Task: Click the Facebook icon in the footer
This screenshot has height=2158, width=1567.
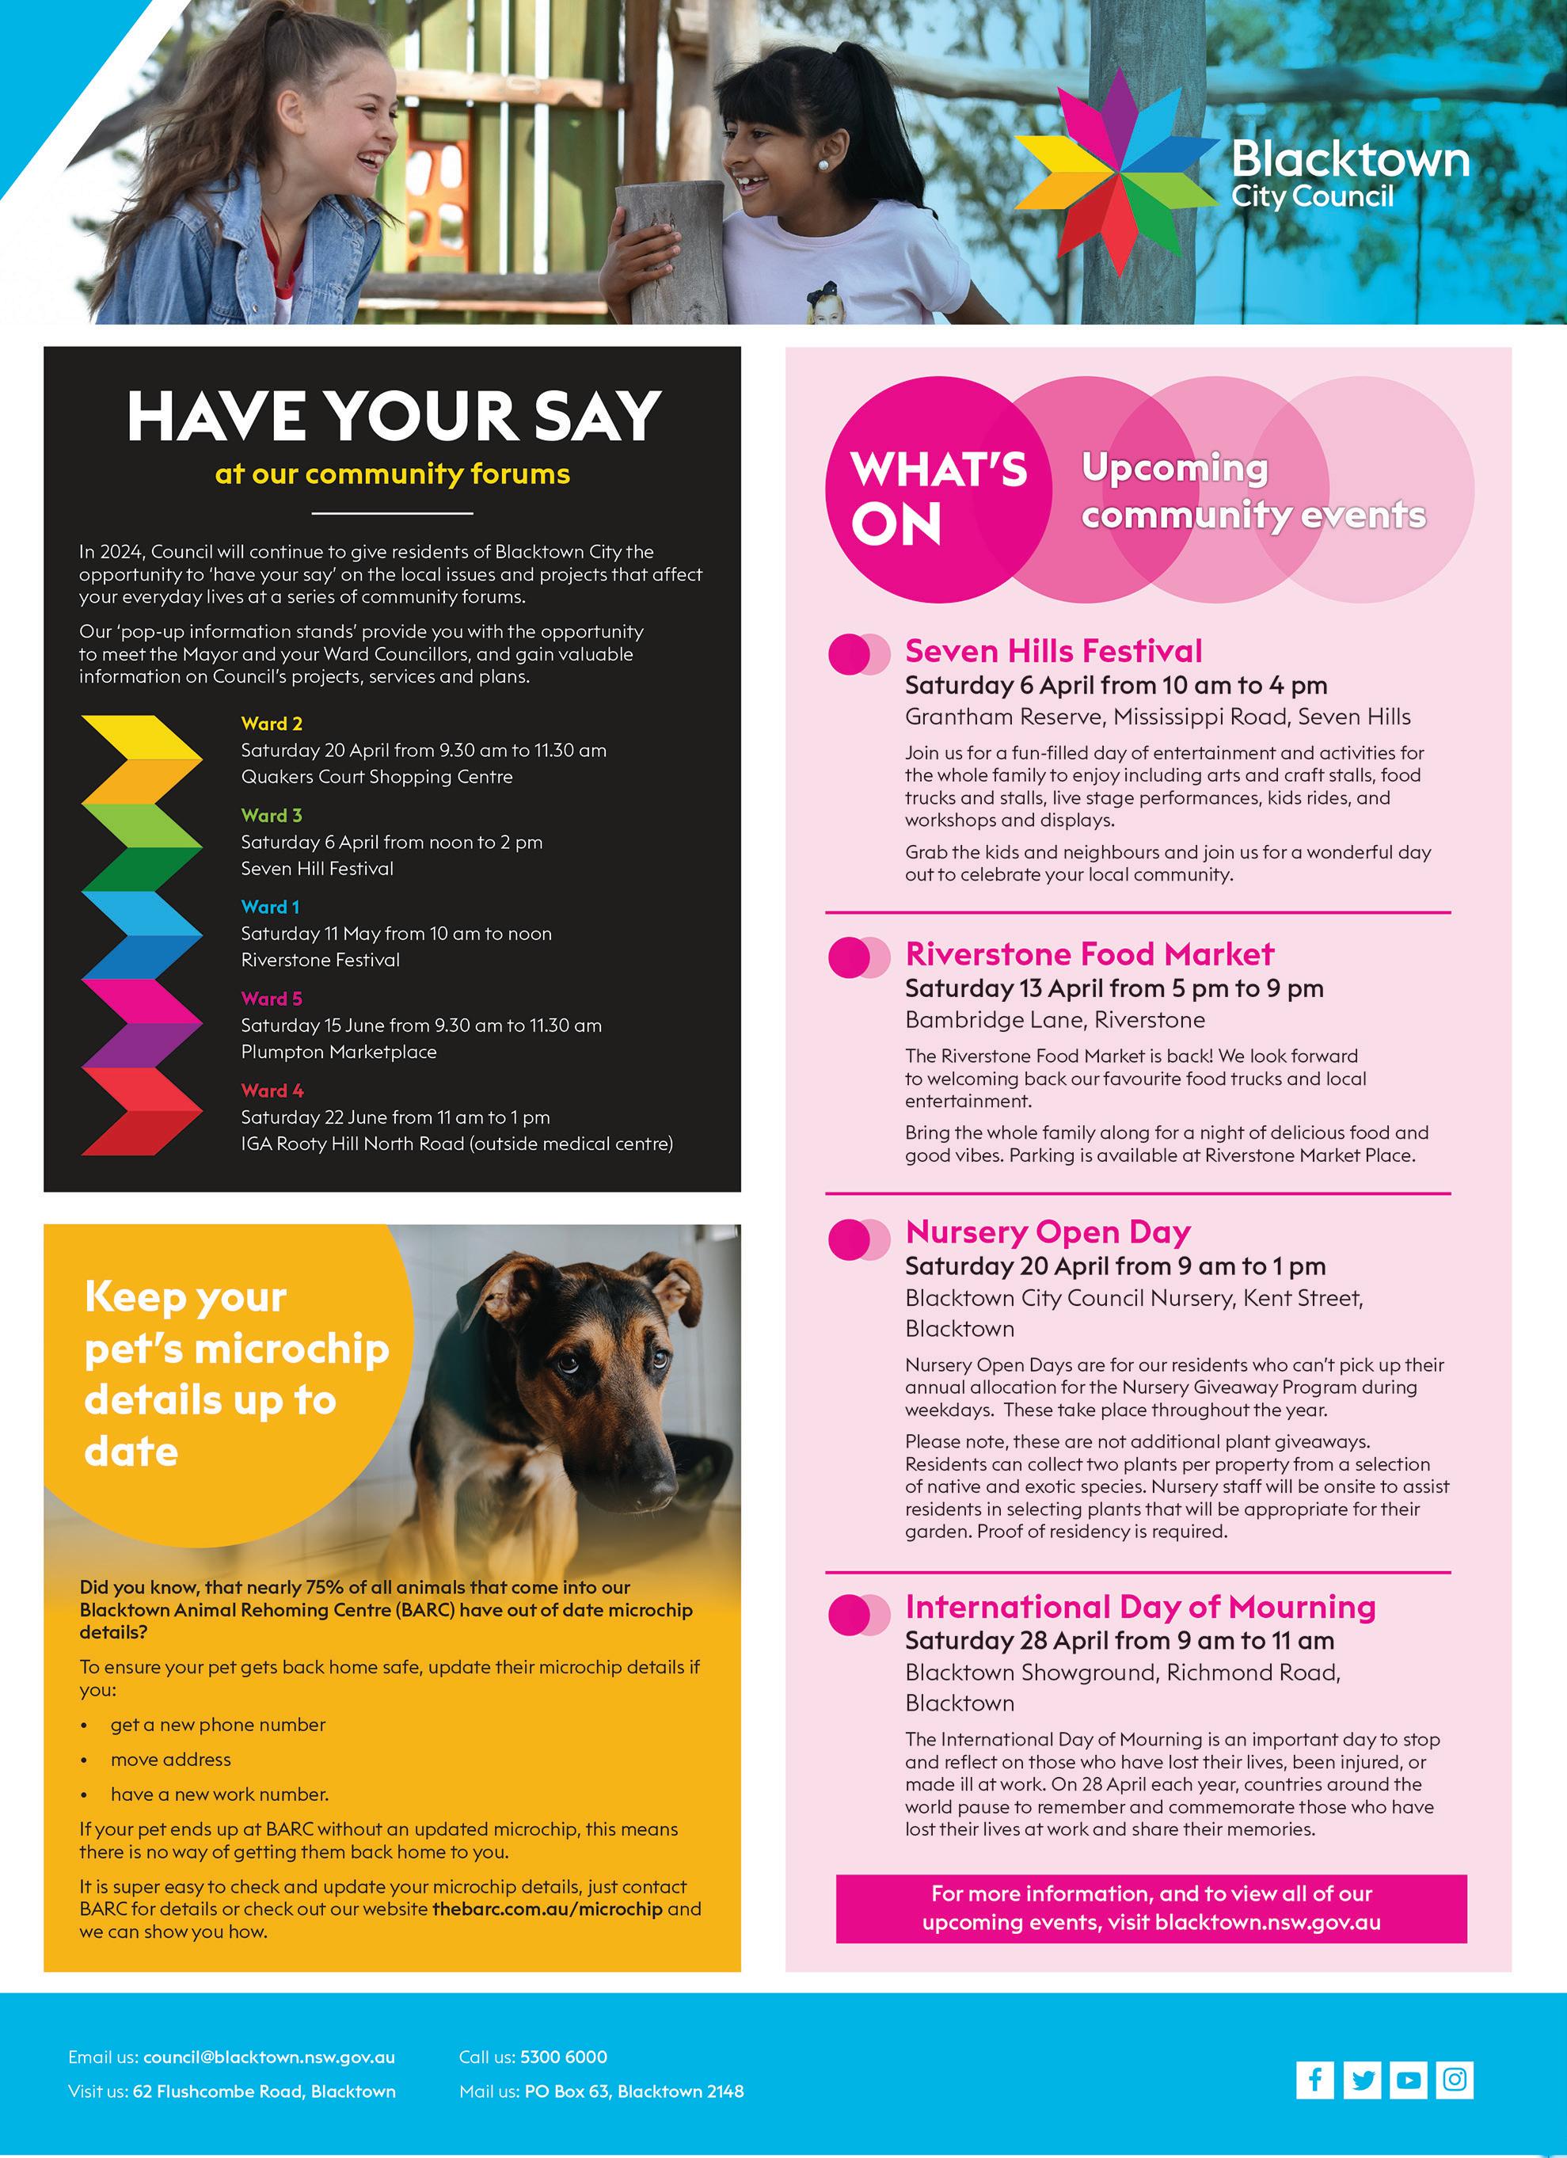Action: point(1314,2079)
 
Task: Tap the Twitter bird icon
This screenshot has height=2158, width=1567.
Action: point(1363,2079)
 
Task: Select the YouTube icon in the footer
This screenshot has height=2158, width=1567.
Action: point(1408,2079)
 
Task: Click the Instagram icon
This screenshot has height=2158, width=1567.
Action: point(1455,2079)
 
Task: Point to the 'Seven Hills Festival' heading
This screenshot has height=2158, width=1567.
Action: point(1053,651)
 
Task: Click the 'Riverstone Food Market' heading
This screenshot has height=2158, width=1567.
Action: point(1090,953)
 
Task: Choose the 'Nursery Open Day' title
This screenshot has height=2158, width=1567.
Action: point(1048,1232)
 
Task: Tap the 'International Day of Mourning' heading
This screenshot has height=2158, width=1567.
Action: point(1139,1607)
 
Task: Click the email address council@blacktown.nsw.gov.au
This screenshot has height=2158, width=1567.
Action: point(268,2057)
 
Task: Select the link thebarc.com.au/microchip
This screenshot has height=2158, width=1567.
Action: point(547,1909)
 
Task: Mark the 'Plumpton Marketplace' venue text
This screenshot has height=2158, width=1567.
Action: point(339,1052)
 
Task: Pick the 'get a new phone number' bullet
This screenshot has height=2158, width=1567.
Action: point(218,1724)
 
